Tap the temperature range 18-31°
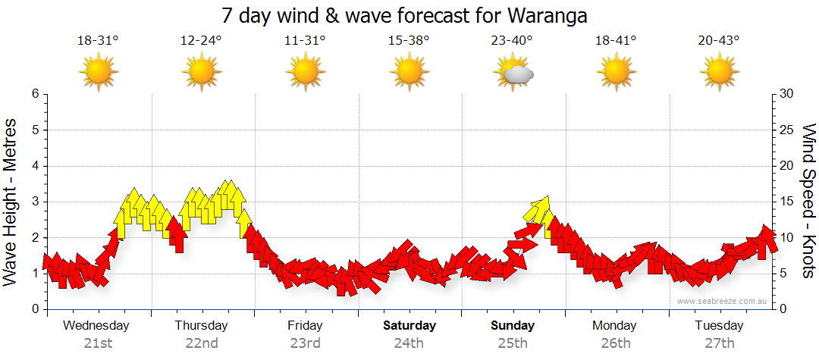click(x=98, y=42)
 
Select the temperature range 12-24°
click(x=201, y=42)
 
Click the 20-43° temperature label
click(x=718, y=42)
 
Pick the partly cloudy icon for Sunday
click(x=513, y=73)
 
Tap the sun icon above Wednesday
click(x=99, y=73)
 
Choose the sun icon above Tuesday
click(x=718, y=73)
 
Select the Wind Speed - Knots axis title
click(x=808, y=201)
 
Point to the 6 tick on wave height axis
click(x=34, y=94)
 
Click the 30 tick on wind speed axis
click(x=787, y=94)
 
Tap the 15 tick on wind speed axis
click(x=787, y=202)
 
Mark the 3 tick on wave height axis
click(x=34, y=202)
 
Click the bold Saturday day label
click(x=409, y=326)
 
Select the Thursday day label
click(x=201, y=326)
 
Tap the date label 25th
click(x=512, y=343)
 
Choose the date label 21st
click(x=97, y=343)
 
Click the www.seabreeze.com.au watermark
click(x=723, y=301)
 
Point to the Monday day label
click(x=614, y=326)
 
